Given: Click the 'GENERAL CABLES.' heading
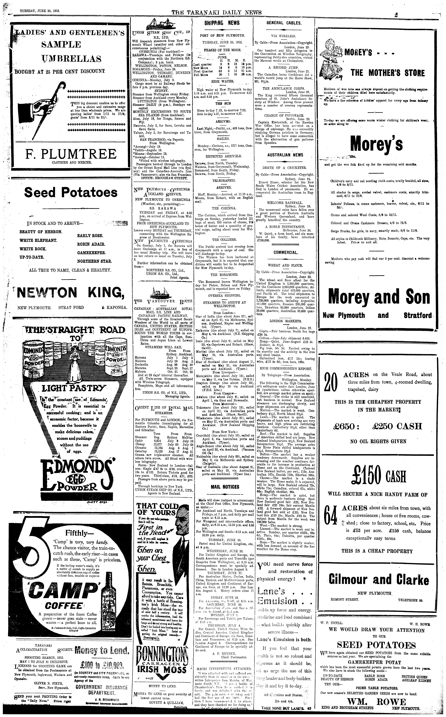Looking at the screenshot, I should tap(284, 23).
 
